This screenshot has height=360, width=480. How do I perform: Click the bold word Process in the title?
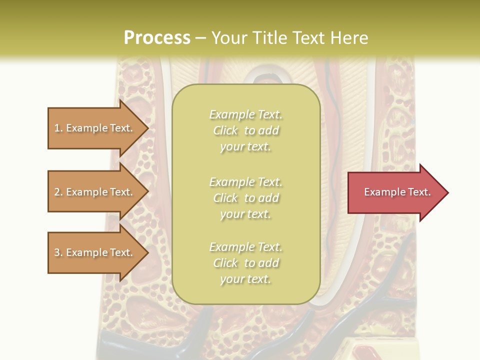[157, 38]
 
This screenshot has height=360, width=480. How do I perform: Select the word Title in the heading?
[270, 38]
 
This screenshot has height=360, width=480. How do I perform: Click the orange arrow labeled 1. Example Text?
[98, 128]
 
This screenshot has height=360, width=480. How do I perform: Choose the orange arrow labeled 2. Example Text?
[98, 191]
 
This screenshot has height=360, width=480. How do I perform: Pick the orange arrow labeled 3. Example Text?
[98, 252]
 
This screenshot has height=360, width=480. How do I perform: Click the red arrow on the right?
[398, 192]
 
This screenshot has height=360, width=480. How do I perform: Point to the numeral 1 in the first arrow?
[56, 128]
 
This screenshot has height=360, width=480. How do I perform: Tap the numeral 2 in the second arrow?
[57, 192]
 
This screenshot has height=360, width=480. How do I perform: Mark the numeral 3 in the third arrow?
[57, 252]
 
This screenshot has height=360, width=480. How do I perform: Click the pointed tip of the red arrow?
[448, 192]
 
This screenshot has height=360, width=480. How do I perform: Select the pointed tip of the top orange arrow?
[148, 128]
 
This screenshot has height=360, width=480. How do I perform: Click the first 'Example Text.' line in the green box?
[246, 115]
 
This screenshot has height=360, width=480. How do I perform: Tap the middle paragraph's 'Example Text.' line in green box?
[246, 182]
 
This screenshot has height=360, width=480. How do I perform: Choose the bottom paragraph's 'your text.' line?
[245, 279]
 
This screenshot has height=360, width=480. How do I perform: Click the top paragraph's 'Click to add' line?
[246, 130]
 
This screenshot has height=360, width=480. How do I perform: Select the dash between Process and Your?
[200, 39]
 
